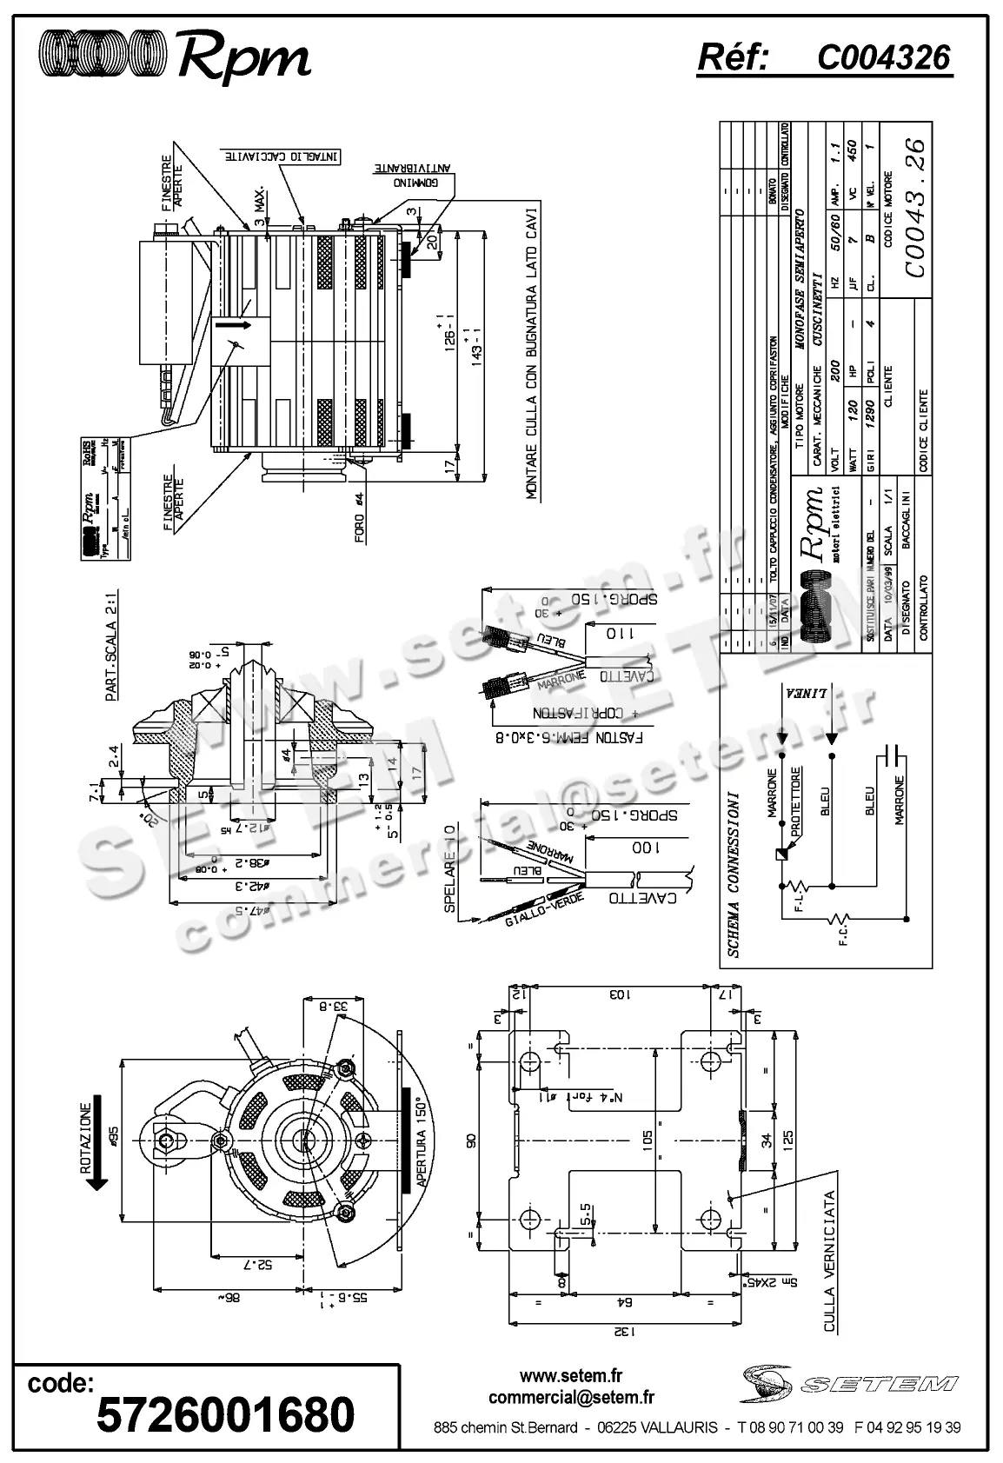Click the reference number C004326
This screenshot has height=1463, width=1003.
click(x=883, y=57)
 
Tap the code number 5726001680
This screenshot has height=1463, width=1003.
click(x=225, y=1414)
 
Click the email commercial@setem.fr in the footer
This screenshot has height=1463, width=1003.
click(x=571, y=1398)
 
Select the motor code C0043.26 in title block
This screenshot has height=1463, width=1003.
click(x=915, y=207)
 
